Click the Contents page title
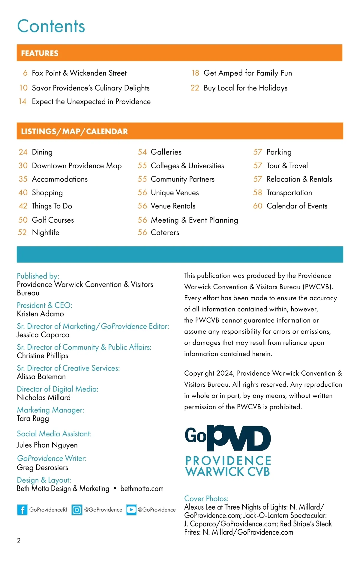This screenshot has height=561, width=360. click(51, 26)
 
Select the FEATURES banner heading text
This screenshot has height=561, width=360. click(40, 53)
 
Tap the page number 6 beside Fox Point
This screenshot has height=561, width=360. click(25, 73)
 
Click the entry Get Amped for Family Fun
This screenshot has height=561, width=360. click(247, 73)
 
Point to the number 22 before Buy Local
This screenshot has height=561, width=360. click(195, 88)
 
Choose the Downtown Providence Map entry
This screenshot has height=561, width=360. click(77, 166)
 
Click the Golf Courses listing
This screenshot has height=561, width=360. click(53, 220)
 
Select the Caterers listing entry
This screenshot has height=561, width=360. click(165, 232)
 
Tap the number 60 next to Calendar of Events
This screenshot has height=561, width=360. click(258, 206)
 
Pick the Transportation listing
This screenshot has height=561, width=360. click(289, 193)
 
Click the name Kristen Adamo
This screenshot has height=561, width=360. click(40, 314)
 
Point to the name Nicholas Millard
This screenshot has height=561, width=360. click(44, 397)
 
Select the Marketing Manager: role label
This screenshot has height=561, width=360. click(50, 410)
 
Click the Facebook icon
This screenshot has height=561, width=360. click(22, 510)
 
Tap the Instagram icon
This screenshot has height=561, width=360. click(77, 510)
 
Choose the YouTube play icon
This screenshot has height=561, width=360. click(131, 510)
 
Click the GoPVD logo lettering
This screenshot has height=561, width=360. click(228, 438)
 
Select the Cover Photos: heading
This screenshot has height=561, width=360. click(206, 499)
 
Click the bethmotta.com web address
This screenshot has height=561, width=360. click(142, 489)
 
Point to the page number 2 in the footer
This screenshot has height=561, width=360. click(19, 541)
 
